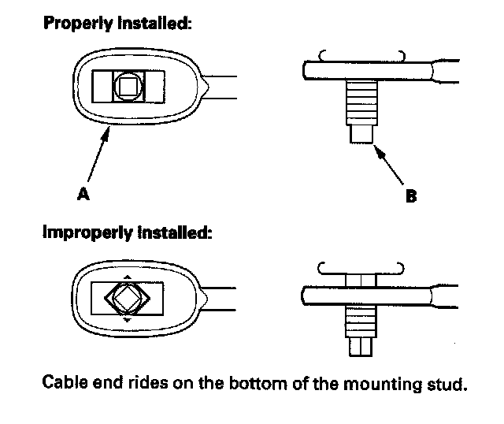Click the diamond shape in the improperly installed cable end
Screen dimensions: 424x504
coord(127,298)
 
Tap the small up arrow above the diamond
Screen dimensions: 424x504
coord(127,277)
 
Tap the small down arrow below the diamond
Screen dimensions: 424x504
coord(127,321)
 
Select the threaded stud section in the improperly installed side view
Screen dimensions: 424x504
coord(362,322)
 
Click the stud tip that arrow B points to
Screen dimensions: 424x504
coord(363,133)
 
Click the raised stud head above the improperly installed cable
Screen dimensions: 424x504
coord(362,279)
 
